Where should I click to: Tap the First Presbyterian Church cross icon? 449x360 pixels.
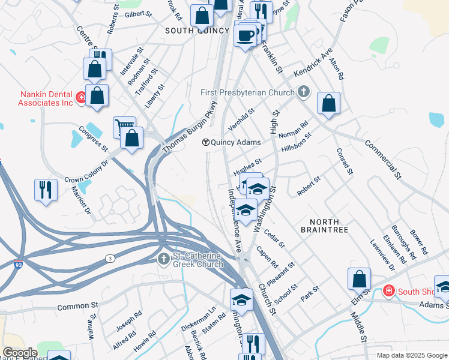point(304,92)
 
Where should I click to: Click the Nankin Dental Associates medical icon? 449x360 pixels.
point(80,97)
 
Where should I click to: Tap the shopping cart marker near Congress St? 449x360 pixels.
point(124,125)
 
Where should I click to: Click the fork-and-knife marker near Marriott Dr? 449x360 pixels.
point(46,189)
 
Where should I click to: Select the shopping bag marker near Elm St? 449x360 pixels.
point(358,278)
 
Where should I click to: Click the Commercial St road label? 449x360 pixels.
point(383,158)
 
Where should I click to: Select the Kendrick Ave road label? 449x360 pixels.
point(313,63)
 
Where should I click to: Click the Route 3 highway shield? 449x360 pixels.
point(110,258)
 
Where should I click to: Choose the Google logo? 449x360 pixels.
point(20,353)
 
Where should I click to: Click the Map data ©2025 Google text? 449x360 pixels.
point(412,355)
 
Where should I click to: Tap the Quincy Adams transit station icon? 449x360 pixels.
point(205,142)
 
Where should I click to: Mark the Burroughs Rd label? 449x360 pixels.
point(403,242)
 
